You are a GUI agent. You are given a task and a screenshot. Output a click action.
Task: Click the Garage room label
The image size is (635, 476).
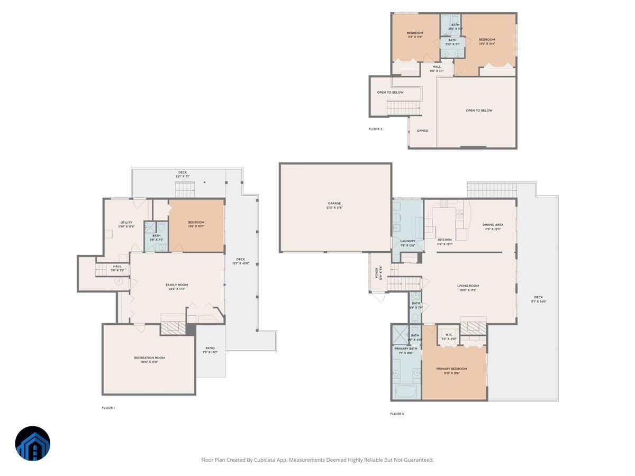[x=334, y=203]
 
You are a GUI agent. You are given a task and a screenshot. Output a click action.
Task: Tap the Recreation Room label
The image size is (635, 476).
[x=149, y=358]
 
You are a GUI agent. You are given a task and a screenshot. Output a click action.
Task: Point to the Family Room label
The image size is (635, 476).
[x=177, y=285]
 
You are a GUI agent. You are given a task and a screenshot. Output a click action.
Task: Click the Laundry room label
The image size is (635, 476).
[x=407, y=241]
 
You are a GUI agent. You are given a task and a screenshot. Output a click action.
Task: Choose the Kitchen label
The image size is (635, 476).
[x=444, y=240]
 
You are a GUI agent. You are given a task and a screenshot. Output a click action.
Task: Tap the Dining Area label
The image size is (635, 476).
[x=493, y=225]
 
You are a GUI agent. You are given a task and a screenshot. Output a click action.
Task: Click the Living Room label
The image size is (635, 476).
[x=468, y=286]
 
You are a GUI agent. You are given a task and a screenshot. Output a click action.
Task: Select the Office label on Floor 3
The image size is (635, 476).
[x=422, y=131]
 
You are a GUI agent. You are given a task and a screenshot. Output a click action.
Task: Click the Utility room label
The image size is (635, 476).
[x=126, y=223]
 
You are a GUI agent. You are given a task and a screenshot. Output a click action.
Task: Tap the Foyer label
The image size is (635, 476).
[x=377, y=273]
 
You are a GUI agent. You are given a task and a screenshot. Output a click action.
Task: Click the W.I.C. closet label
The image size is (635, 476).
[x=448, y=334]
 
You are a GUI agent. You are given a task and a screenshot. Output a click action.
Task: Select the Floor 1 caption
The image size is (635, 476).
[x=108, y=408]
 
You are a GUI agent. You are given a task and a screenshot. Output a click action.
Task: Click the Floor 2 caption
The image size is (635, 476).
[x=397, y=414]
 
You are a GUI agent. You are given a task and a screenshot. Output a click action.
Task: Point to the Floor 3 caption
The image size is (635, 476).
[x=375, y=129]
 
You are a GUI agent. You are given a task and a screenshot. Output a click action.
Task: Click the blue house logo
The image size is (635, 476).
[x=33, y=444]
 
